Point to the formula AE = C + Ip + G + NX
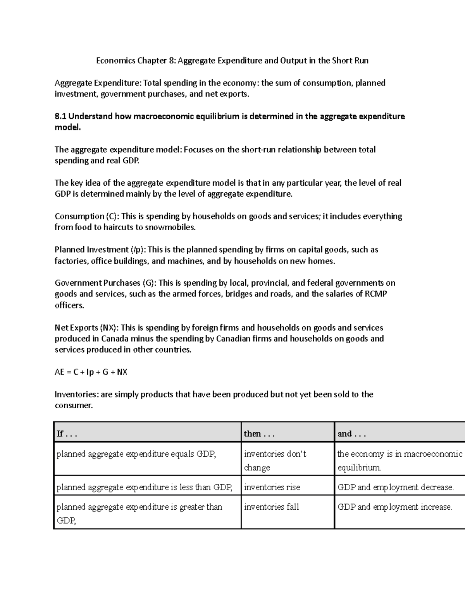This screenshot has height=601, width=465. pos(91,372)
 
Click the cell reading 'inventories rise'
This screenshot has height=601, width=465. pos(272,488)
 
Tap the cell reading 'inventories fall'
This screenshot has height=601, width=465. pos(271,507)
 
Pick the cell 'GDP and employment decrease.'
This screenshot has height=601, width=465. pos(395,488)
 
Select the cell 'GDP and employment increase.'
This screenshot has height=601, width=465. pos(394,507)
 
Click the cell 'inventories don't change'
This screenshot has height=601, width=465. pos(275,461)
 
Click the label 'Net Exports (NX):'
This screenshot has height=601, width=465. pos(87,328)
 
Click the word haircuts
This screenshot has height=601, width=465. pos(119,228)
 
